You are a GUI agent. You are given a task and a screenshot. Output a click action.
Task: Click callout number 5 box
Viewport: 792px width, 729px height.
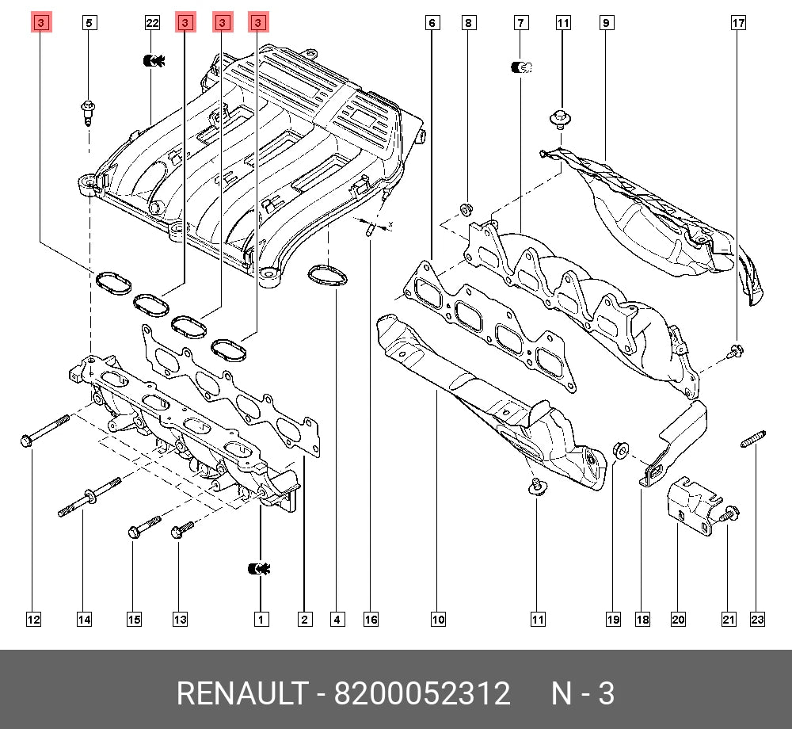pos(89,23)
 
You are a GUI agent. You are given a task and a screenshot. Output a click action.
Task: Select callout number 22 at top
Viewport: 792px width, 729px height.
pos(152,23)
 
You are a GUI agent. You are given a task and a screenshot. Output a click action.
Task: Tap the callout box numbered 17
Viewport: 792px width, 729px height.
pos(737,23)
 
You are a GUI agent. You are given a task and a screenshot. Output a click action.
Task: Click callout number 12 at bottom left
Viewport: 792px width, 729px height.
pos(32,620)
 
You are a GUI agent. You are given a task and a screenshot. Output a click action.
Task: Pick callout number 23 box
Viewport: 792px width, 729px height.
pos(757,620)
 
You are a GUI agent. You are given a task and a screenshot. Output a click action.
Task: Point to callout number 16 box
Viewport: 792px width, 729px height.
pos(371,620)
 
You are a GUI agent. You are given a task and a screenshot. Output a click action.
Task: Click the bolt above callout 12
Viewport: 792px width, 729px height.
pos(48,429)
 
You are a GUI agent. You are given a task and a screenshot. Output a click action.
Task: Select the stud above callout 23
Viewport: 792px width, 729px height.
pos(753,437)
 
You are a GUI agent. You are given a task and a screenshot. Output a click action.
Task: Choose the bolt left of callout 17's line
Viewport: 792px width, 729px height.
pos(736,351)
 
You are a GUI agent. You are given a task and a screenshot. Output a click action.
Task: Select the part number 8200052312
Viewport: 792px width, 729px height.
pos(421,693)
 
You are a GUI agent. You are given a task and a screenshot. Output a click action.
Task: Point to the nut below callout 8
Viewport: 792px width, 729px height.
pos(466,210)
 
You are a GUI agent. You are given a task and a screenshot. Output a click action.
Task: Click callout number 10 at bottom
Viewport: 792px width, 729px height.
pos(438,620)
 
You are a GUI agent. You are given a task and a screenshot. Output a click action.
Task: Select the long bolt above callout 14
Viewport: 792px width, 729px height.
pos(87,497)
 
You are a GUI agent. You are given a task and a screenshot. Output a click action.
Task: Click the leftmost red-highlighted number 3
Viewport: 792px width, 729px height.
pos(40,23)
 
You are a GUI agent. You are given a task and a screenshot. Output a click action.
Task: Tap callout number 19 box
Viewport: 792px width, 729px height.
pos(612,620)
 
